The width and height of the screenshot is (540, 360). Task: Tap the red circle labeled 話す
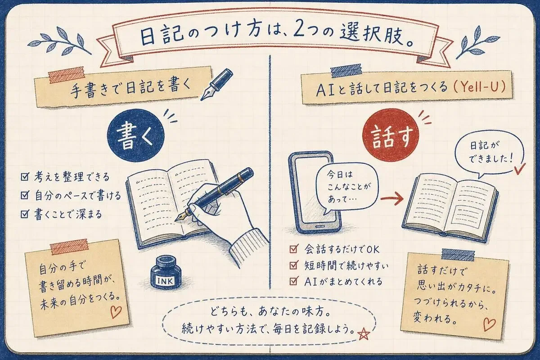391,135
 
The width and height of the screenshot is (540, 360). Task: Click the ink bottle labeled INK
166,273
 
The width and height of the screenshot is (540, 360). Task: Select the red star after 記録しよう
364,334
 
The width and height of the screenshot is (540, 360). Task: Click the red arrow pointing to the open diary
392,198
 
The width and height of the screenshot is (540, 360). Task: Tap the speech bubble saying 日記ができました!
490,155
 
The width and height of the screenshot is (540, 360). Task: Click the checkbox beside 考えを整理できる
25,176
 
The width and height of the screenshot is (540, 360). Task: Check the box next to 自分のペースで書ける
25,195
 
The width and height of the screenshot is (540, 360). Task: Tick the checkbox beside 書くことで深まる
25,214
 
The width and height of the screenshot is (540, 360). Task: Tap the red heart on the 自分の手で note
116,312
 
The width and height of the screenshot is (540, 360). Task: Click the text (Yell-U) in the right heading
479,87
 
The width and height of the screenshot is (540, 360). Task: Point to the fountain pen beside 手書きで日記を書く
216,85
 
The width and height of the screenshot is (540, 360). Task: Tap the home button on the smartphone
319,227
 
